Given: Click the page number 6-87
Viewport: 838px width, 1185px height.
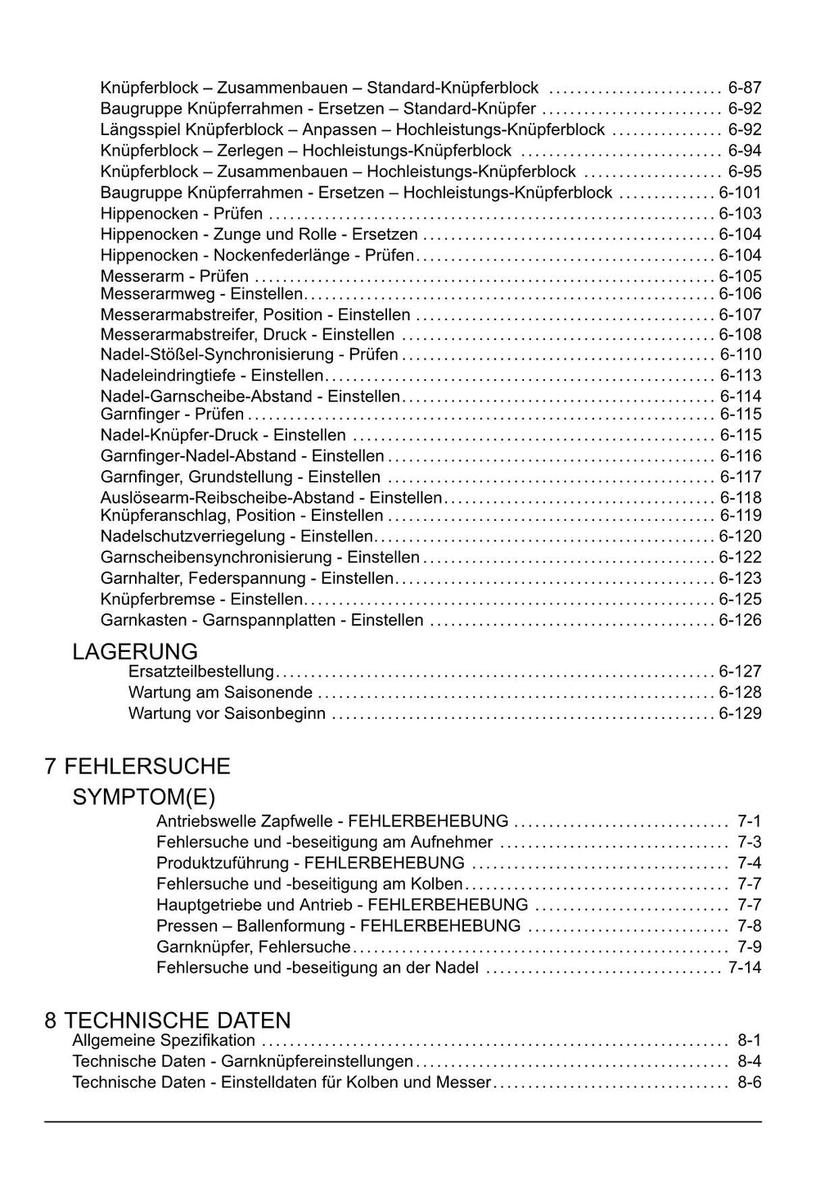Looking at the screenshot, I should click(x=744, y=88).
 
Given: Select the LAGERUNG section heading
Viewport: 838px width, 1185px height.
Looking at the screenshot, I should click(x=135, y=652).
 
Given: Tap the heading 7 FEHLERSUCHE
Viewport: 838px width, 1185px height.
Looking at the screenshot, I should click(x=137, y=767).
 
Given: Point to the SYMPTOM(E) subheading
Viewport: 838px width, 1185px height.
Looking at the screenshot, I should click(x=144, y=797).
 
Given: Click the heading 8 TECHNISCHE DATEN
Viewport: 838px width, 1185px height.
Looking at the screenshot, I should click(x=168, y=1020).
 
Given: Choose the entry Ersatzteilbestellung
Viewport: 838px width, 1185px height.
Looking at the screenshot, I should click(x=201, y=672).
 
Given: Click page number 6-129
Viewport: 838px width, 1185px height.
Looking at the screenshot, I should click(x=740, y=713).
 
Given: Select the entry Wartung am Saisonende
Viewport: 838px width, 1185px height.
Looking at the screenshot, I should click(x=220, y=693).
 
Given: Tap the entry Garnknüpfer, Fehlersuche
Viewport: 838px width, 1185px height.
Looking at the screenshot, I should click(x=254, y=947).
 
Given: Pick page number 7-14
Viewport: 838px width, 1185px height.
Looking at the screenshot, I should click(x=744, y=968).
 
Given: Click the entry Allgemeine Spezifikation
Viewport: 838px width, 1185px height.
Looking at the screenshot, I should click(x=164, y=1041).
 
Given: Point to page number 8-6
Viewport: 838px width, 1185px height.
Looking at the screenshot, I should click(x=749, y=1083).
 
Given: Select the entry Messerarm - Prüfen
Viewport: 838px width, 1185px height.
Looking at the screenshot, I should click(x=174, y=276).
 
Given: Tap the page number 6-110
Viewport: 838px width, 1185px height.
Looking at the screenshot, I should click(x=740, y=355).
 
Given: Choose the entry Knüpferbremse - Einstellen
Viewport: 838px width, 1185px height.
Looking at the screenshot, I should click(x=202, y=599).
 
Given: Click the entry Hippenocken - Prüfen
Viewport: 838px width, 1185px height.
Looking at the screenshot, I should click(x=182, y=214).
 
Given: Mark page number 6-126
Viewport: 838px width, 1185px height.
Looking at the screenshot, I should click(x=740, y=620).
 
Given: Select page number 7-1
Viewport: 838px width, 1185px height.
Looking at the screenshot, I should click(x=749, y=821).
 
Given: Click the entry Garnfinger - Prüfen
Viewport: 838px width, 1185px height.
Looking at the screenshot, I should click(x=172, y=414).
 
